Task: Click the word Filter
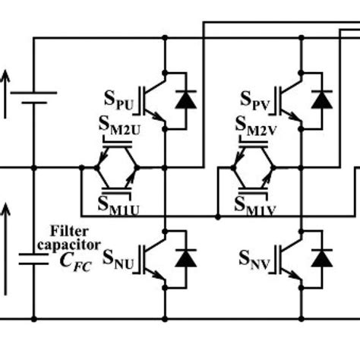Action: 67,230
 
